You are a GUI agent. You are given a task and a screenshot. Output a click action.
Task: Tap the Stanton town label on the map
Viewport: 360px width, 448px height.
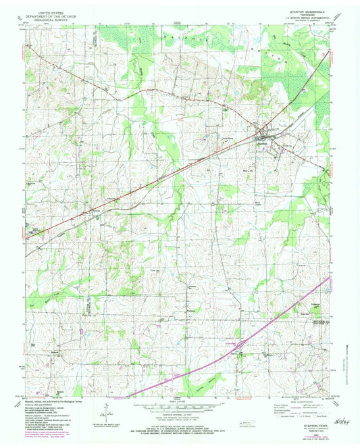click(263, 141)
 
